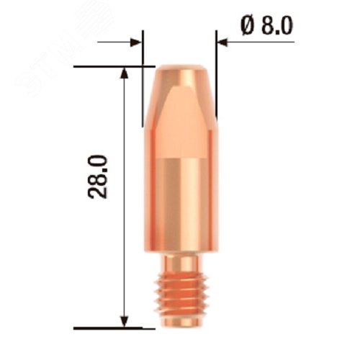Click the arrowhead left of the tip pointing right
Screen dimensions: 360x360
coord(137,42)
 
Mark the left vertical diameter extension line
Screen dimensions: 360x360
coord(143,86)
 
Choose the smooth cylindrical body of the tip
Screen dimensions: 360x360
coord(180,202)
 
